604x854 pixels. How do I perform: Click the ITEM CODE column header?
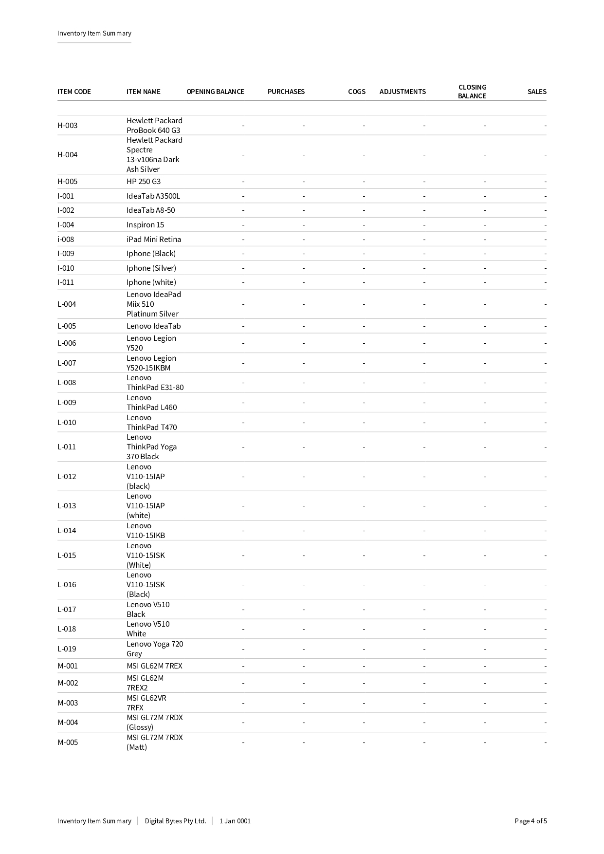click(74, 92)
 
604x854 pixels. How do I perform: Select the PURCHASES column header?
click(286, 92)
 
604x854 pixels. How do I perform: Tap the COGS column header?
click(356, 92)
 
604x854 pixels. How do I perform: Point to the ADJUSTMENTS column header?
click(402, 92)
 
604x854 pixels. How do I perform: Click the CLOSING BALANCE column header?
click(472, 92)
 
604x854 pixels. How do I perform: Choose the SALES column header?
click(536, 92)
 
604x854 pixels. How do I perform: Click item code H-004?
click(67, 155)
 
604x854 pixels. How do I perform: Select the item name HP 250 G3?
click(144, 182)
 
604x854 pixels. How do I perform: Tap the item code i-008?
click(66, 240)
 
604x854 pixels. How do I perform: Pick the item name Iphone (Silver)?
click(151, 268)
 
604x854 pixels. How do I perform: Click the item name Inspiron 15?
click(145, 225)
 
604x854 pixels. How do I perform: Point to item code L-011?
click(67, 447)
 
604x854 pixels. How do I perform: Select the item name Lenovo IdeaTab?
click(153, 326)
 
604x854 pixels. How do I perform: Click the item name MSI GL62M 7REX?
click(154, 666)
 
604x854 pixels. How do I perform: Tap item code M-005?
click(68, 743)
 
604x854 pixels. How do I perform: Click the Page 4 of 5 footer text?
click(531, 821)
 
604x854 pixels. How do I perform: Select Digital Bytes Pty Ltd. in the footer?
click(175, 821)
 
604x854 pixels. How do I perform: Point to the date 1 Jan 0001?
click(235, 821)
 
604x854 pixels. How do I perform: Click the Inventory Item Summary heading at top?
click(94, 33)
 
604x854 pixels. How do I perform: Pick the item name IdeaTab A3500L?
click(153, 196)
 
